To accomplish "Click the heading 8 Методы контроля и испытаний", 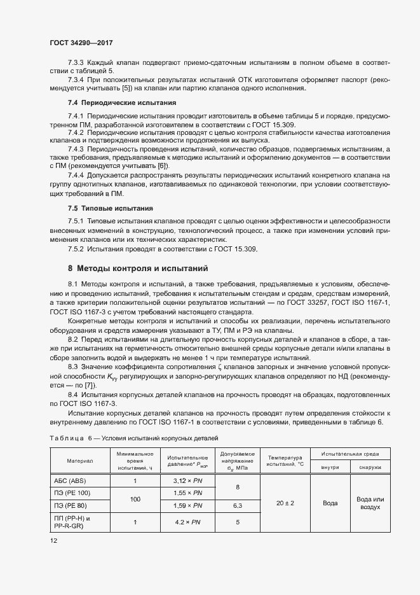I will click(x=138, y=269).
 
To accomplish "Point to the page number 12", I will click(x=53, y=541).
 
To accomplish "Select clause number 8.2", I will click(x=73, y=340).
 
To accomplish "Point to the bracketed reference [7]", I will click(x=90, y=386).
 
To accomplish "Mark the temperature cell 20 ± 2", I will click(x=285, y=503).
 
